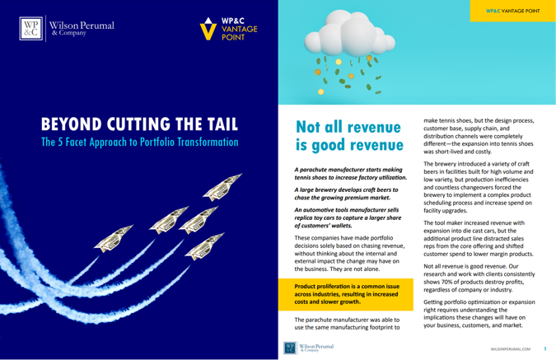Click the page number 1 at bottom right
pos(545,349)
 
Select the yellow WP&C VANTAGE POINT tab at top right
pos(510,12)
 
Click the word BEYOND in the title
pos(74,124)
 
